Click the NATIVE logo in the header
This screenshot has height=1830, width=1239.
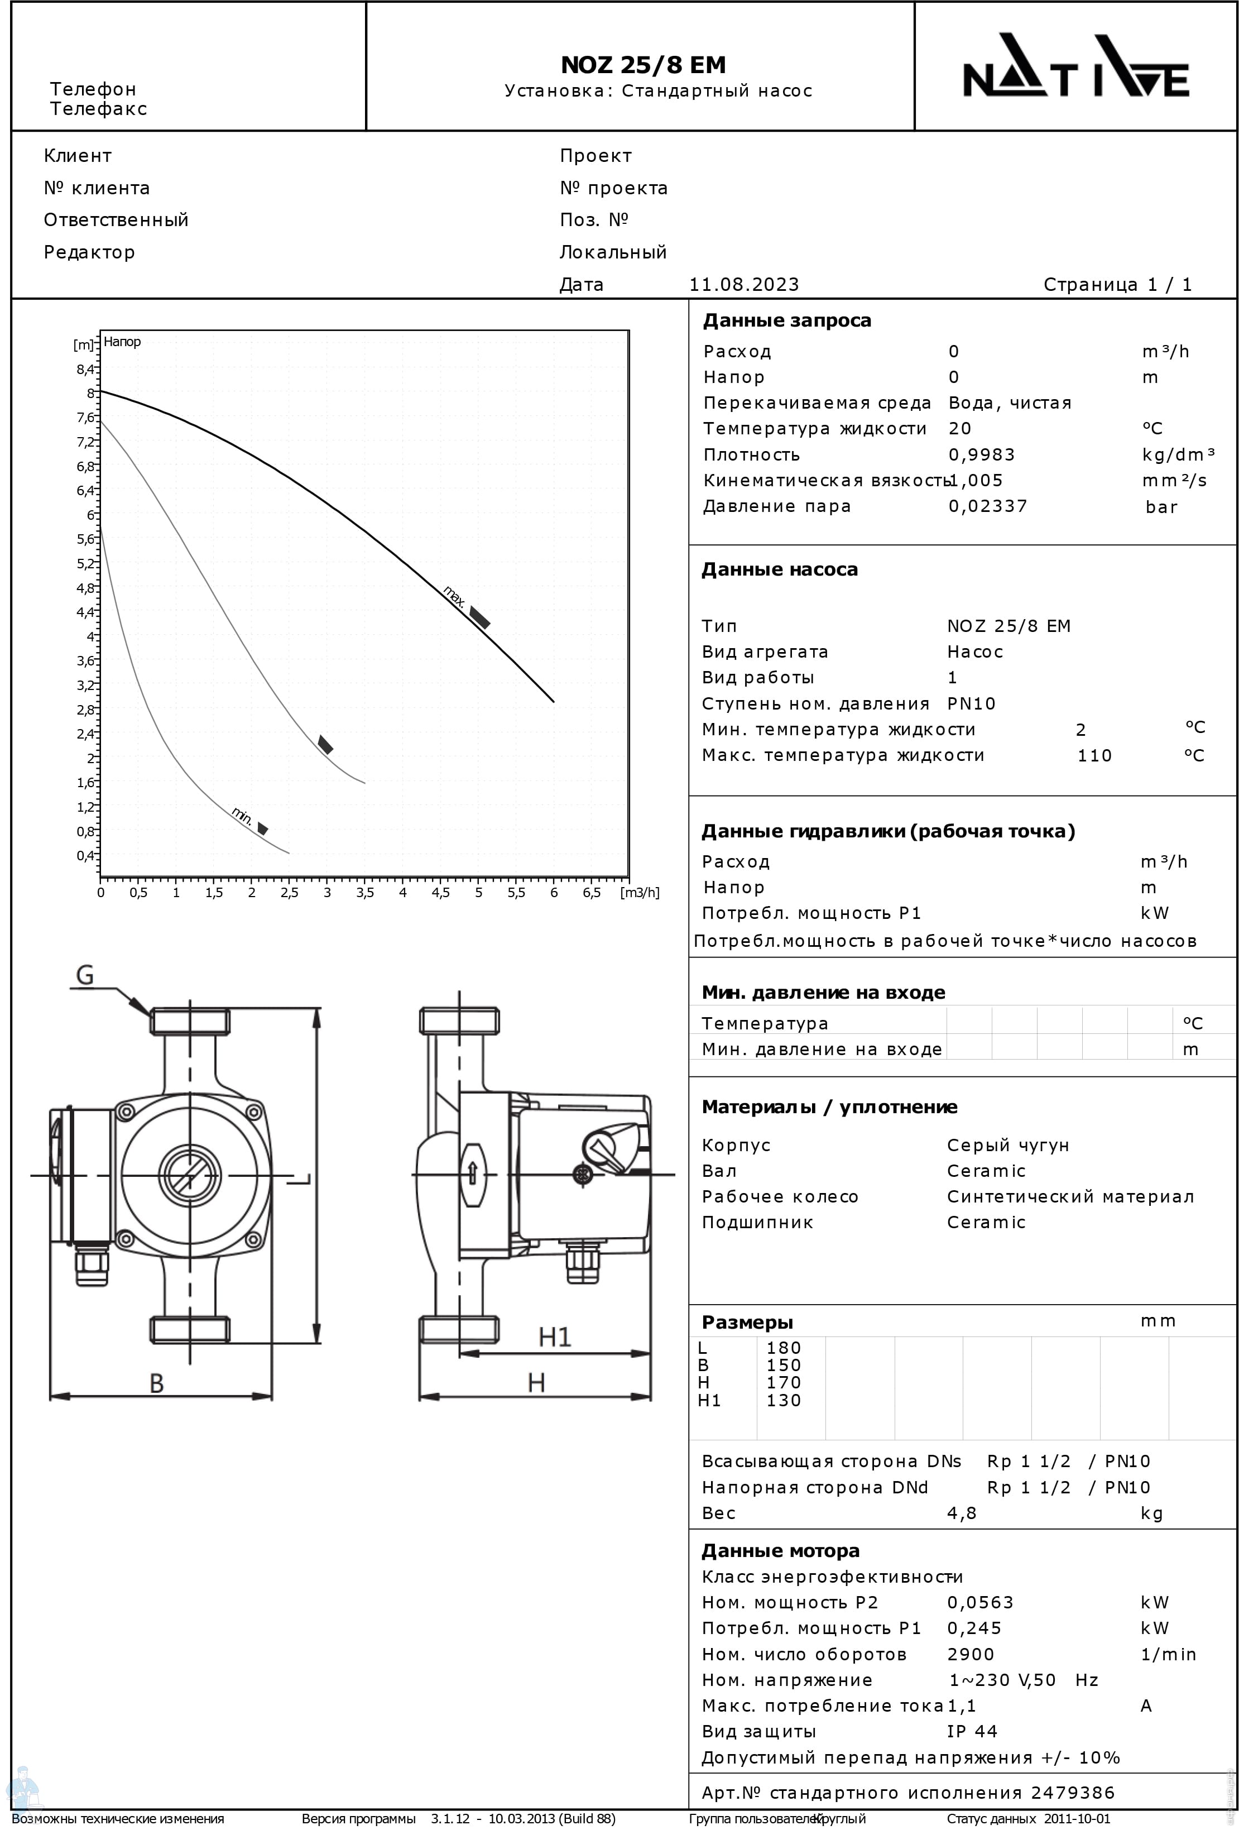coord(1075,66)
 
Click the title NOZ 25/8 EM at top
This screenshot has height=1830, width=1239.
coord(642,65)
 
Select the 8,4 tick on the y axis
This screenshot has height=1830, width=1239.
coord(85,370)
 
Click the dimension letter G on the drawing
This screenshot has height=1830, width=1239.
coord(84,976)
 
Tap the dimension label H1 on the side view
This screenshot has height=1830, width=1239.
coord(554,1337)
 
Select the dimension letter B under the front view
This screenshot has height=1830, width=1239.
coord(157,1383)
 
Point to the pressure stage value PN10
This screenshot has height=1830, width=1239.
coord(971,703)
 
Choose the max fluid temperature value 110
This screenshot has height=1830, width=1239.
coord(1094,756)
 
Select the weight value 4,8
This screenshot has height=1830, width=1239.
coord(961,1513)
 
